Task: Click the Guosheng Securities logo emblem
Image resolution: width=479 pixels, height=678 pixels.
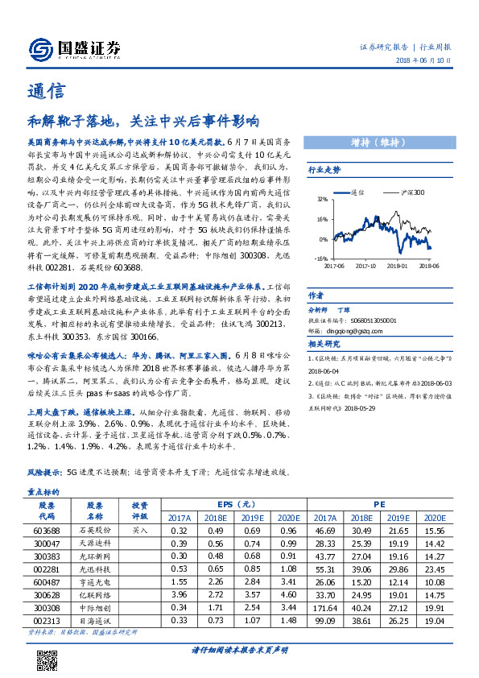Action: (39, 50)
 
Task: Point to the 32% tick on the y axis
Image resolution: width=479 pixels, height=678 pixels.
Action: (321, 198)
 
